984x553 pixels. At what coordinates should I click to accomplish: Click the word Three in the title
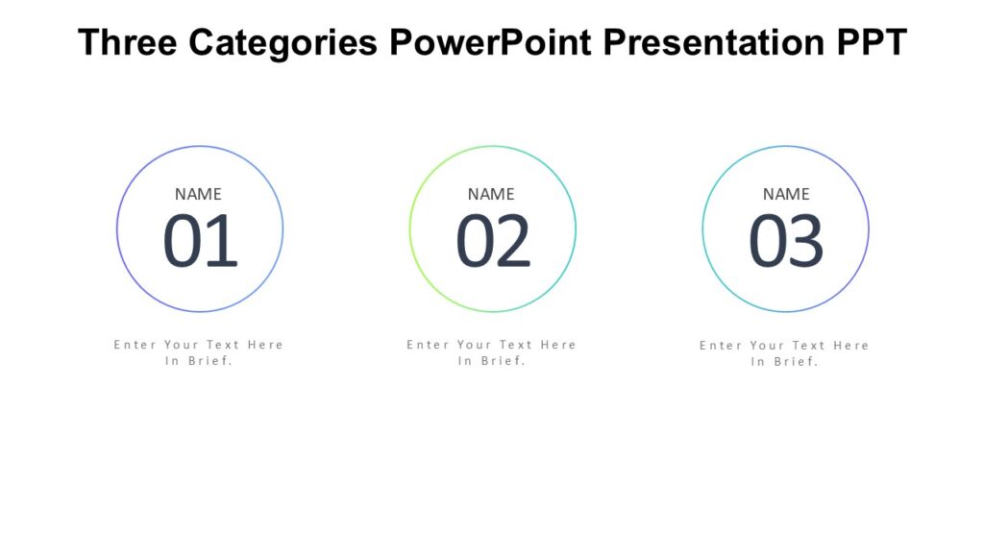pos(128,43)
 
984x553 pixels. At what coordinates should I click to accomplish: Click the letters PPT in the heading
pos(872,43)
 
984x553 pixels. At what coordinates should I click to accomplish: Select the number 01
pos(200,241)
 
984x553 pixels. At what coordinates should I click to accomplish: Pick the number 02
pos(493,241)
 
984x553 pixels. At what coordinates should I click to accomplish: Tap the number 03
pos(786,241)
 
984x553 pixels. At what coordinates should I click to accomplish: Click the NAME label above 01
pos(198,194)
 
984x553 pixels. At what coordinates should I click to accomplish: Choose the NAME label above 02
pos(491,194)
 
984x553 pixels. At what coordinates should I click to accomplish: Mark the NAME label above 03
pos(786,194)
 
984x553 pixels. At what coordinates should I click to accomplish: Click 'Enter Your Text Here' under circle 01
pos(199,345)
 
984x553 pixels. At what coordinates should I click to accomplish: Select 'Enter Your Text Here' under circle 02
pos(491,345)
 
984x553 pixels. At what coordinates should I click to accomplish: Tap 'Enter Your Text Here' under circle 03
pos(784,346)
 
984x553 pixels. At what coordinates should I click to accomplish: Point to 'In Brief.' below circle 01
pos(199,362)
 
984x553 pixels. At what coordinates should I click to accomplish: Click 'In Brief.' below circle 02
pos(491,362)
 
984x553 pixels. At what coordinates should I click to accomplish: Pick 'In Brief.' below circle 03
pos(784,363)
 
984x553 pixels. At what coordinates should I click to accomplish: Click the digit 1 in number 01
pos(222,241)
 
